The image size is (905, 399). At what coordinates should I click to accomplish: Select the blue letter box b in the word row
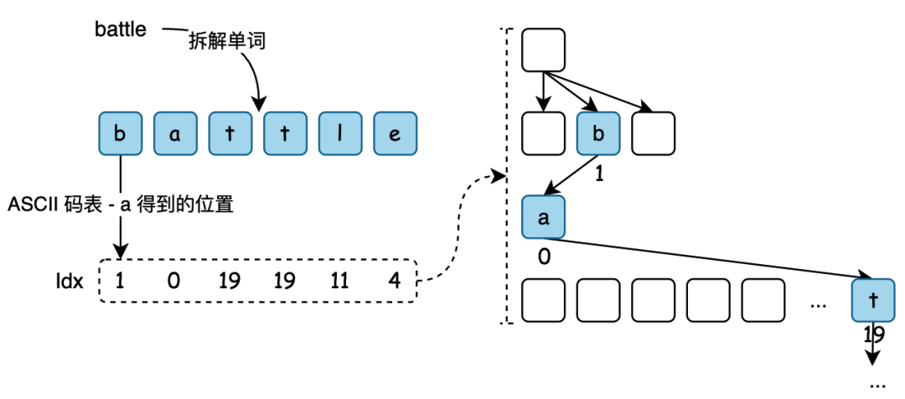click(122, 133)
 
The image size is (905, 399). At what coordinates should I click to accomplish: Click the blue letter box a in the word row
click(176, 133)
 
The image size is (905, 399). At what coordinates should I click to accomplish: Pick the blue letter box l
click(341, 133)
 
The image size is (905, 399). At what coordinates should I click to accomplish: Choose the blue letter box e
click(396, 133)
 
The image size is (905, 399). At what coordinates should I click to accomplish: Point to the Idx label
click(69, 281)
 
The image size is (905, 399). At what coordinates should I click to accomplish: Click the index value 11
click(339, 281)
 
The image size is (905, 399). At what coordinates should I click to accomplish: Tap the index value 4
click(394, 281)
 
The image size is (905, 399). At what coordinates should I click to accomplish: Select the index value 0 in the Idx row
click(174, 281)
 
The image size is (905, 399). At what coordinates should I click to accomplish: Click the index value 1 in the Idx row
click(121, 281)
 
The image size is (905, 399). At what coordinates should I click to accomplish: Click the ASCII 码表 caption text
click(117, 204)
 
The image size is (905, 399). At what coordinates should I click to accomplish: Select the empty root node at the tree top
click(544, 50)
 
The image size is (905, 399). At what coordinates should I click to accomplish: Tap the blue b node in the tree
click(598, 133)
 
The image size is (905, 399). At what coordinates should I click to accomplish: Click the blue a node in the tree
click(544, 217)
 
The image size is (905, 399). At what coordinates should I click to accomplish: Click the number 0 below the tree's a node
click(544, 256)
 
